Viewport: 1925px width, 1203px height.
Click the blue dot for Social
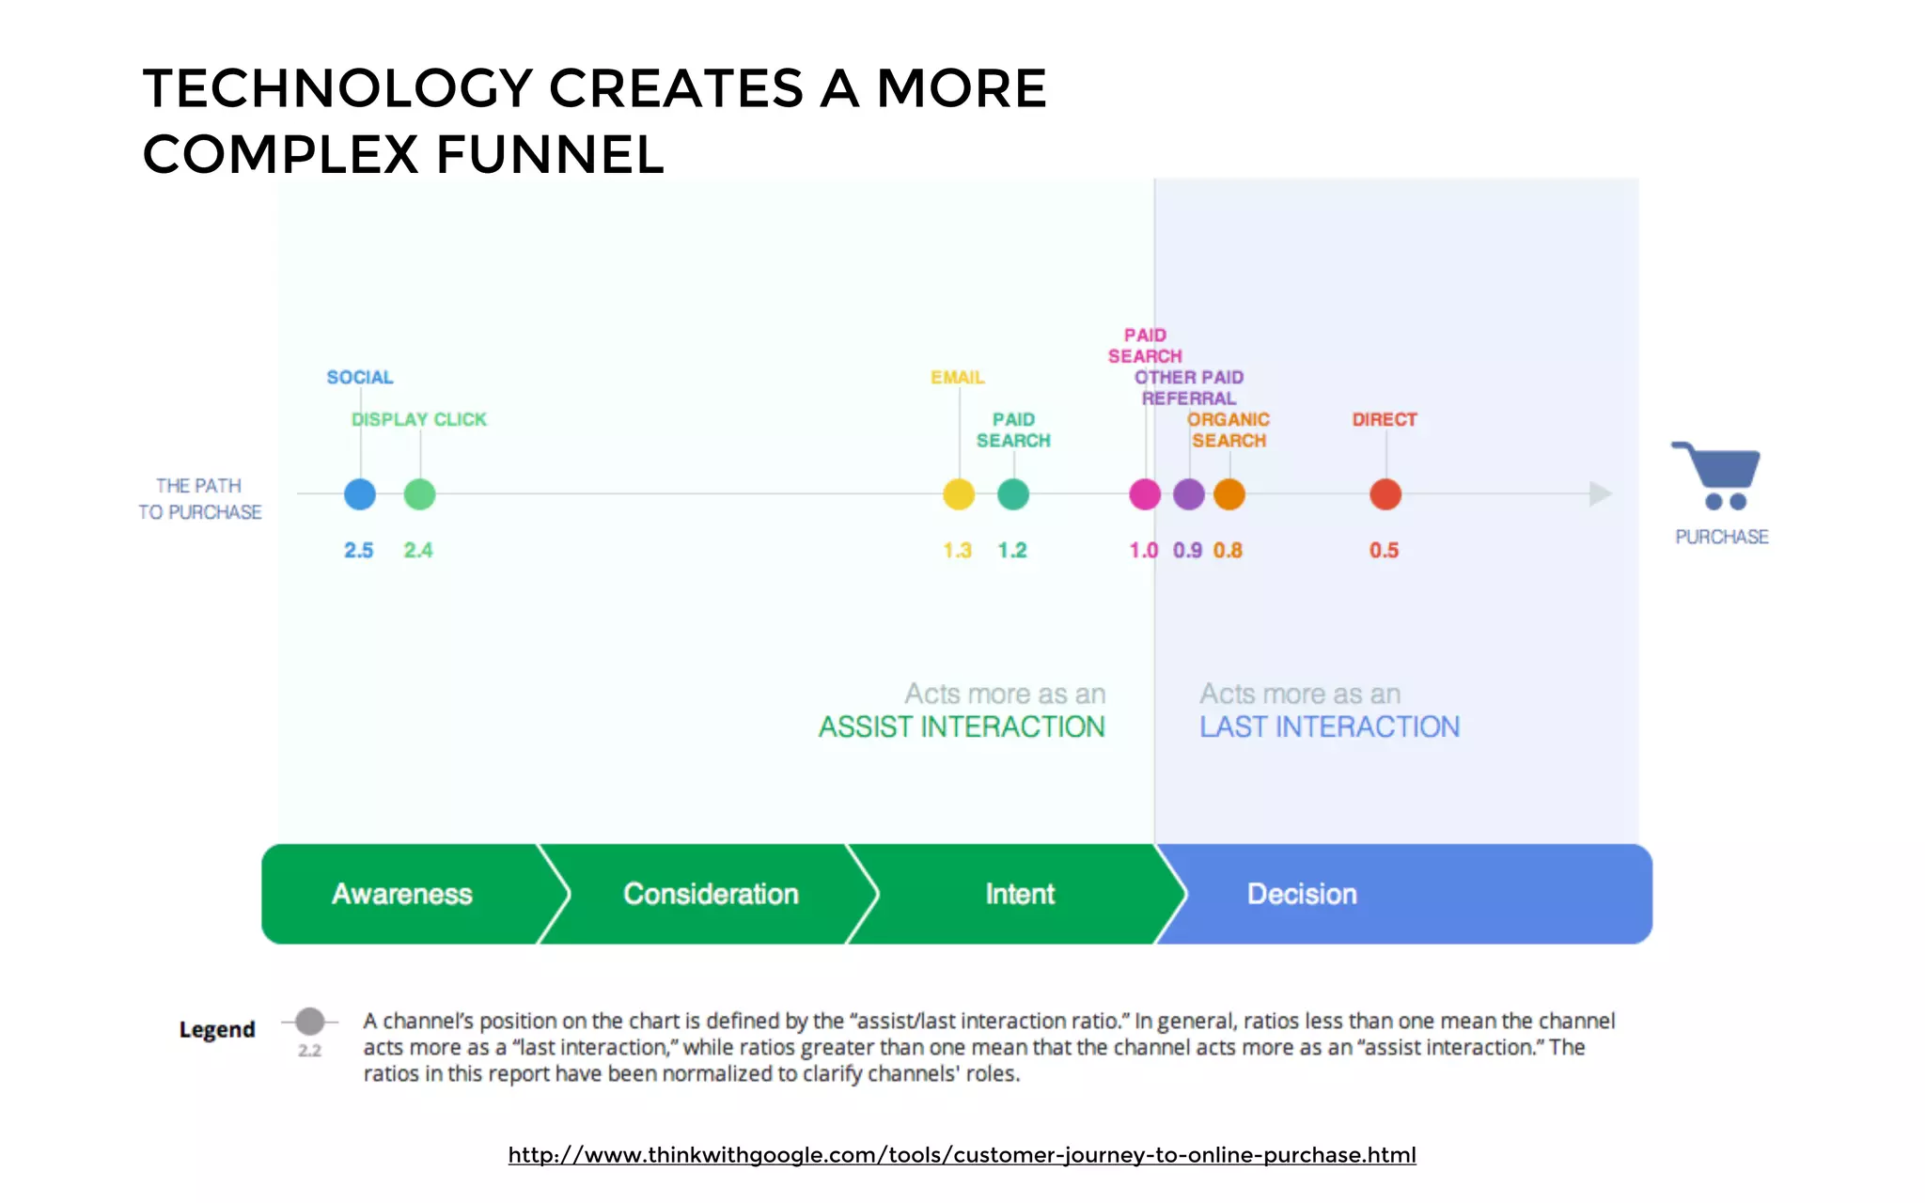pos(360,494)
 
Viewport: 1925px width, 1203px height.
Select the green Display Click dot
pos(419,494)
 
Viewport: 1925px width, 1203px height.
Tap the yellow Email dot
pos(959,494)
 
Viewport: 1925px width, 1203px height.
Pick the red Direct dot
pos(1385,494)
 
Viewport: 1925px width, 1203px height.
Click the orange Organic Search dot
pos(1229,494)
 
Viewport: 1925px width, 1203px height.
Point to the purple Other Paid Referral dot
pos(1189,494)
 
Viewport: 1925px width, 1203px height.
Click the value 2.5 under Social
pos(358,551)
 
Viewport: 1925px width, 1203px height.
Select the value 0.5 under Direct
pos(1384,551)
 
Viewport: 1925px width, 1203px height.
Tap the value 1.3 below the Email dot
pos(957,551)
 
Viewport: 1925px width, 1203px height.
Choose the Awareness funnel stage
pos(402,894)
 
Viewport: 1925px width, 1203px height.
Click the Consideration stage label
pos(711,894)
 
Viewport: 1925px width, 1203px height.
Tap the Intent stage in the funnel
pos(1020,894)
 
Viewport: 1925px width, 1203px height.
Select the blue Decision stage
pos(1302,894)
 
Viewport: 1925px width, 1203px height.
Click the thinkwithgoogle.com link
pos(962,1155)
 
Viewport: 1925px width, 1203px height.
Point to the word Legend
pos(217,1030)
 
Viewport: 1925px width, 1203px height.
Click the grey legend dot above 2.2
pos(309,1022)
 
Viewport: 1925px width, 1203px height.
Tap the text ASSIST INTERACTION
pos(962,727)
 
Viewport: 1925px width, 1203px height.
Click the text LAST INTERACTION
pos(1329,727)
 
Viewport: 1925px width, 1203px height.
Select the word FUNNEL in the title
pos(550,155)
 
